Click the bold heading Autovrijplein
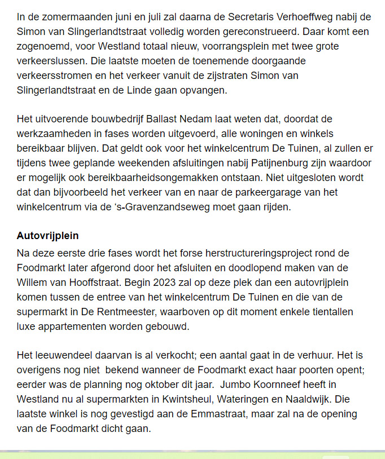tap(47, 236)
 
